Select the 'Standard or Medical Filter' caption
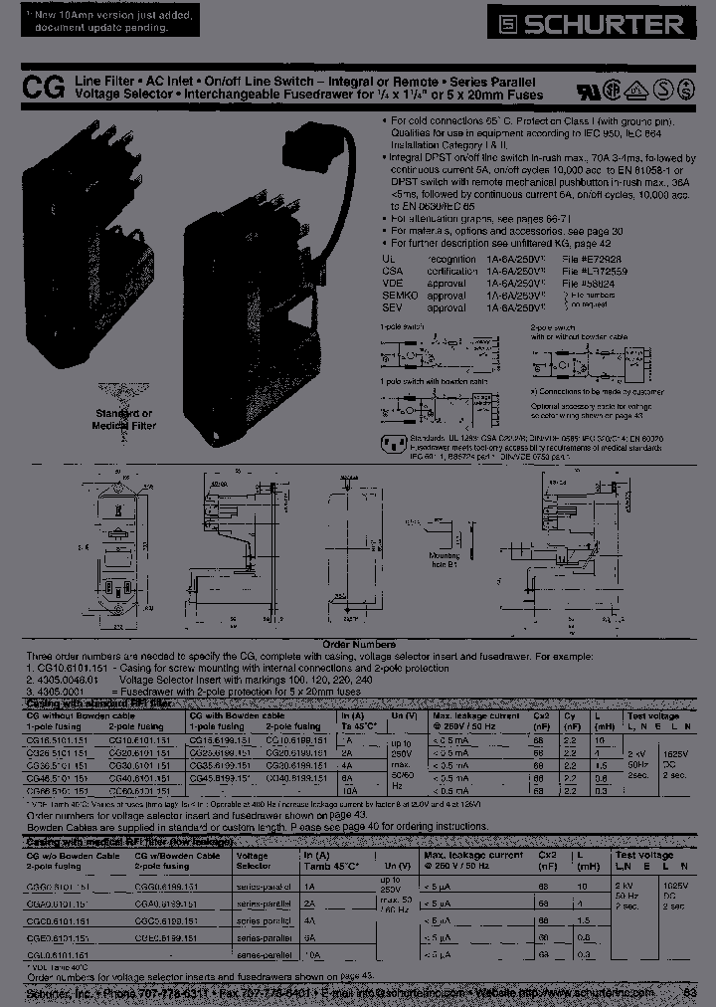point(124,419)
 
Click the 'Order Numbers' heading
point(359,644)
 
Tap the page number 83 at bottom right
point(690,993)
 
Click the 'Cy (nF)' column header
point(570,720)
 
